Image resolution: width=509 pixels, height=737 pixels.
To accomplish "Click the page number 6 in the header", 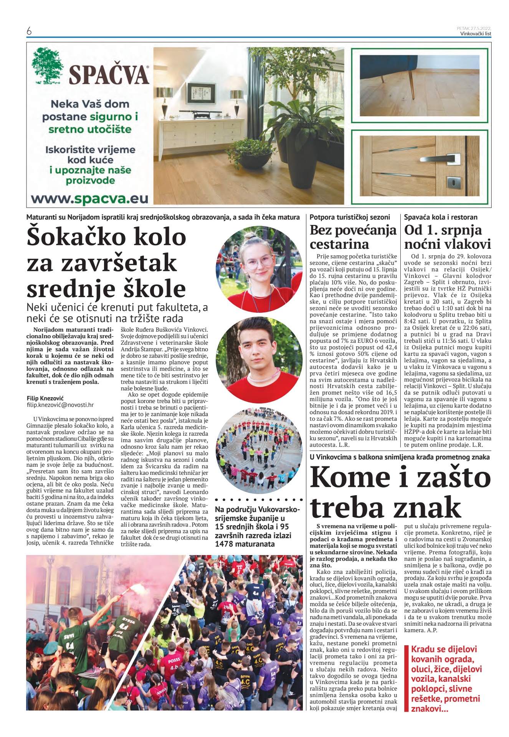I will tap(29, 31).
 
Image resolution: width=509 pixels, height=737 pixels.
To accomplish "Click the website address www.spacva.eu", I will tap(89, 199).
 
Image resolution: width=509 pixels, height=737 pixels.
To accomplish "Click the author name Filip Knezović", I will tap(45, 398).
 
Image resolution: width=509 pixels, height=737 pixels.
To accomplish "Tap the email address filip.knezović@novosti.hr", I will tap(60, 405).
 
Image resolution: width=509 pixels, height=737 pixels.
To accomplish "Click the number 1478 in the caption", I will tap(224, 544).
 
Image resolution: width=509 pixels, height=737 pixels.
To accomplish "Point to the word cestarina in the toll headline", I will tap(339, 244).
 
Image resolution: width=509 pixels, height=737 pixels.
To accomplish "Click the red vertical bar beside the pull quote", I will tap(407, 679).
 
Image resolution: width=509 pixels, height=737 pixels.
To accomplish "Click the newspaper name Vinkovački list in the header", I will tap(476, 33).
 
